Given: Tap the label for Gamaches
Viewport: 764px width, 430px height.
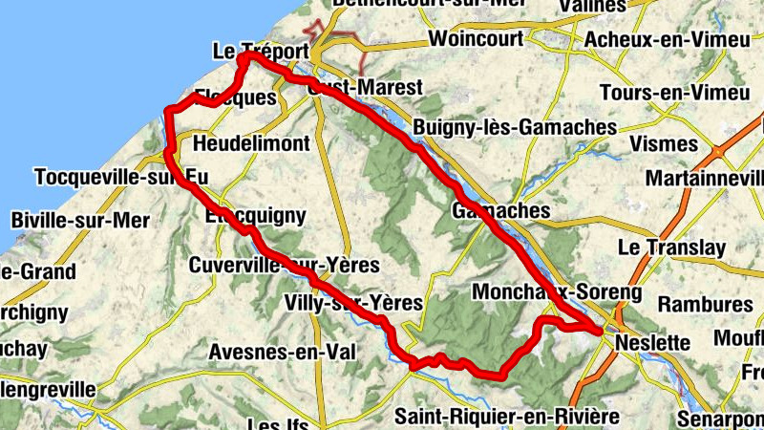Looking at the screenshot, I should pyautogui.click(x=489, y=210).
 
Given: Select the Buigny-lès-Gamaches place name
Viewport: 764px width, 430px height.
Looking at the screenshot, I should pyautogui.click(x=515, y=127).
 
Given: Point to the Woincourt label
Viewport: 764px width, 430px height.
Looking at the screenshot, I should pyautogui.click(x=477, y=39).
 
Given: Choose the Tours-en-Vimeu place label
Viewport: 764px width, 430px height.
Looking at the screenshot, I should pyautogui.click(x=674, y=93).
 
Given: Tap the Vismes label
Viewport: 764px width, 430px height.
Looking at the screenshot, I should pyautogui.click(x=665, y=143).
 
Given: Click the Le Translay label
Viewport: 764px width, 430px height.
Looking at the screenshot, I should pyautogui.click(x=672, y=247).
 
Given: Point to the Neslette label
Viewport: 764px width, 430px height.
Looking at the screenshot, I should pyautogui.click(x=653, y=342).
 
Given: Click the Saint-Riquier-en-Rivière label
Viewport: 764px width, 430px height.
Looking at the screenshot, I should pyautogui.click(x=507, y=416).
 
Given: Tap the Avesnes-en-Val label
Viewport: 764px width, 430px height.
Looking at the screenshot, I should pyautogui.click(x=282, y=352).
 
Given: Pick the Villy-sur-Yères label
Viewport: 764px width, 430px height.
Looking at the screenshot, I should pyautogui.click(x=353, y=303).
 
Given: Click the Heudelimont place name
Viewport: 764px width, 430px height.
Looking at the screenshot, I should pyautogui.click(x=251, y=143).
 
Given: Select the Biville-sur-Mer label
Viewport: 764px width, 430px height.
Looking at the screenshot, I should pyautogui.click(x=81, y=220).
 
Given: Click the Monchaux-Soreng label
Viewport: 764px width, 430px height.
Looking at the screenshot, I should pyautogui.click(x=558, y=290).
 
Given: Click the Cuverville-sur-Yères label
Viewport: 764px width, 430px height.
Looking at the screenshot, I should pyautogui.click(x=284, y=264).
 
